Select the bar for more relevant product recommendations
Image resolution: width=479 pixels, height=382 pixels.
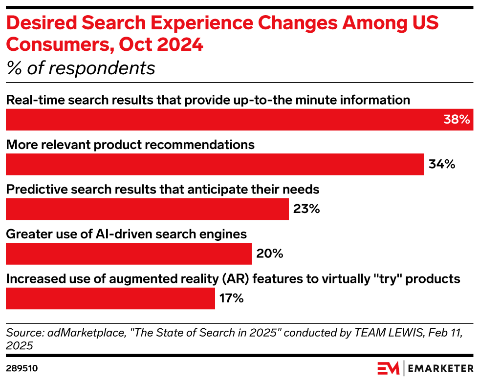(x=215, y=164)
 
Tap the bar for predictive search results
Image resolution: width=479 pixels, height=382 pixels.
(x=147, y=209)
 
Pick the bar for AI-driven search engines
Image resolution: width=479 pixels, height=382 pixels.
(x=129, y=254)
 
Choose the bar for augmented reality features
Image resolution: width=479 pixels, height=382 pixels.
(x=110, y=298)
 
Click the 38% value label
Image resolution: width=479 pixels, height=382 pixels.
(x=457, y=120)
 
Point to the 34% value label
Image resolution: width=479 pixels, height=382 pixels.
(x=442, y=164)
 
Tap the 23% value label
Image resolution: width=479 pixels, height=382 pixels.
(x=306, y=209)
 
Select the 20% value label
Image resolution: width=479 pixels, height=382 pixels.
(x=270, y=254)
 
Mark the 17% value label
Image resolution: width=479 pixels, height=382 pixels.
(x=231, y=298)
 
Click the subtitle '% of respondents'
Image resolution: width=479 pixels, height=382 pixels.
(x=81, y=68)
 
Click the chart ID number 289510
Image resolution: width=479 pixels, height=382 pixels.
(x=22, y=368)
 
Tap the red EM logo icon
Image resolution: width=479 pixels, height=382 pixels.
(x=388, y=368)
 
